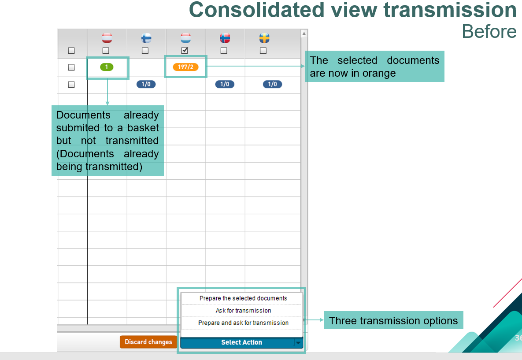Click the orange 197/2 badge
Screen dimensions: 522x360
(x=185, y=67)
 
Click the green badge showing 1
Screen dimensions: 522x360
(x=107, y=67)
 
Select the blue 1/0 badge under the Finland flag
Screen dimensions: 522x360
(x=146, y=84)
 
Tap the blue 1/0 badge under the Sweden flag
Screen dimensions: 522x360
(x=272, y=84)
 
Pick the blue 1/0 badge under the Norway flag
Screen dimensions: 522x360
(x=225, y=84)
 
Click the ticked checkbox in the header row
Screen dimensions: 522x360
(x=185, y=50)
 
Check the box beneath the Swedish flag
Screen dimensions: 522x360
(x=263, y=51)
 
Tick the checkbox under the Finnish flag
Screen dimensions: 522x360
(x=145, y=51)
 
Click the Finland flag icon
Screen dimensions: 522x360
(x=146, y=38)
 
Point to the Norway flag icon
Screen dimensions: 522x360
(x=225, y=38)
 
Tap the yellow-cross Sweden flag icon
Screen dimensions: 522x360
(x=264, y=38)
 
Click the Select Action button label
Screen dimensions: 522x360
(x=242, y=342)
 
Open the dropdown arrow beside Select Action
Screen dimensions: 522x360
(x=298, y=342)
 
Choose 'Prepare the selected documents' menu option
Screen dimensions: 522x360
(x=243, y=298)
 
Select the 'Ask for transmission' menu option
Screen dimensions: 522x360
(x=243, y=310)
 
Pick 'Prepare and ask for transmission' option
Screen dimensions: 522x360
(x=243, y=323)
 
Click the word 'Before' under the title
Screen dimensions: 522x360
(x=489, y=32)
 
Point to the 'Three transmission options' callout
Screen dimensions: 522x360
(x=393, y=320)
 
